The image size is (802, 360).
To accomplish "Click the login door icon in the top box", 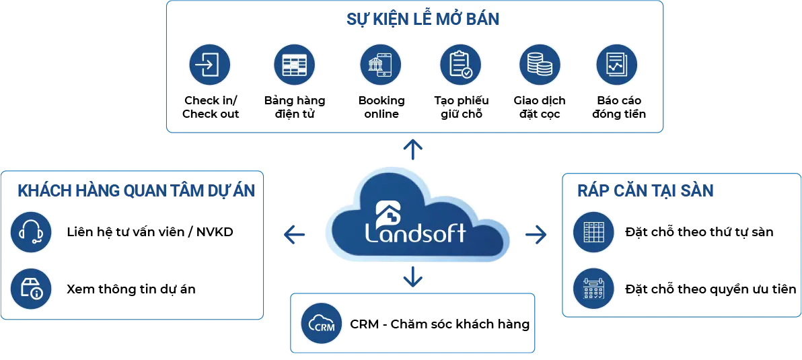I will pos(209,65).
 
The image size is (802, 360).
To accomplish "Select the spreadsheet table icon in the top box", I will pos(294,65).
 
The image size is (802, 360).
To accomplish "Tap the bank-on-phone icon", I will pos(380,65).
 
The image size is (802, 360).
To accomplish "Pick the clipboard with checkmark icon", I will pos(460,65).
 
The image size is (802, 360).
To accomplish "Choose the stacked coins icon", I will pos(539,65).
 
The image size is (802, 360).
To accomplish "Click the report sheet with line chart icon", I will pos(616,65).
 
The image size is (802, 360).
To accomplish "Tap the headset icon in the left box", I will pos(31,232).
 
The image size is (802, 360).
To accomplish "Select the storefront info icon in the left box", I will pos(31,289).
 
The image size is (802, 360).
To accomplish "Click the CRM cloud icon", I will pos(321,324).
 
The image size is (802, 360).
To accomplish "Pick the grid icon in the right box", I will pos(593,232).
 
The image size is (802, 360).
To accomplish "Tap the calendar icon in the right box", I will pos(593,288).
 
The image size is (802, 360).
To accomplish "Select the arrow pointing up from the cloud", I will pos(412,148).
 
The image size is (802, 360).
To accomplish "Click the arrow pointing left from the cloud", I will pos(294,234).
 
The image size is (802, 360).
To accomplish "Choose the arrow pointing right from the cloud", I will pos(536,234).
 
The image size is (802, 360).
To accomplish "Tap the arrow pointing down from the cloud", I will pos(412,277).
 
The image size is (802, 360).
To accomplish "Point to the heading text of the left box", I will pos(137,190).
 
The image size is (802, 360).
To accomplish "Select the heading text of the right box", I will pos(645,190).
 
